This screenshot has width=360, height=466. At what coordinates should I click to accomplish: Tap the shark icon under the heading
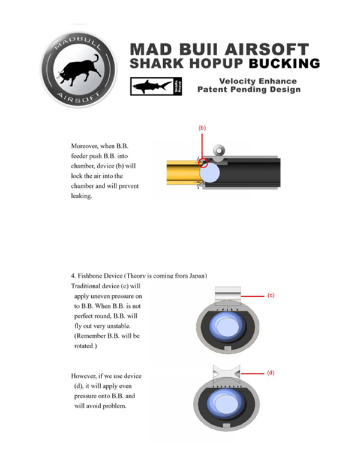tap(151, 87)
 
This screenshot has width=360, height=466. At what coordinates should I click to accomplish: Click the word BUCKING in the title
tap(284, 63)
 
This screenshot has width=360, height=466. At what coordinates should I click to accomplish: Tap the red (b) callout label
tap(202, 128)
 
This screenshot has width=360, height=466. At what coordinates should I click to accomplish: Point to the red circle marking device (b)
tap(203, 162)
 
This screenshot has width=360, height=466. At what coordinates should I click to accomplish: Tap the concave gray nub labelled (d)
tap(226, 375)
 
